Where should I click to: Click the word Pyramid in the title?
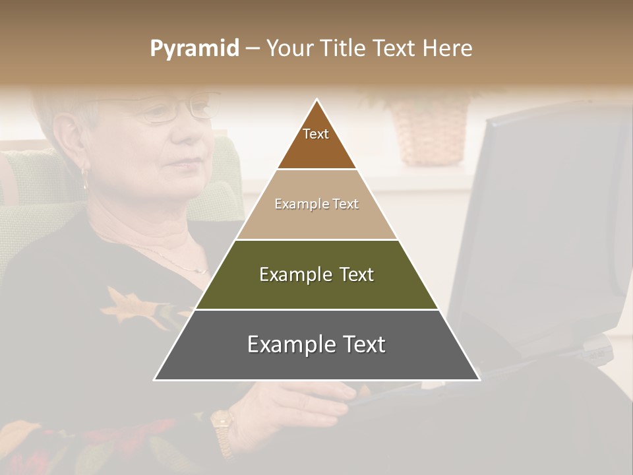click(195, 49)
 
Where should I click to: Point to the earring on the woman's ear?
click(84, 175)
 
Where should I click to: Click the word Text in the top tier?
click(316, 134)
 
